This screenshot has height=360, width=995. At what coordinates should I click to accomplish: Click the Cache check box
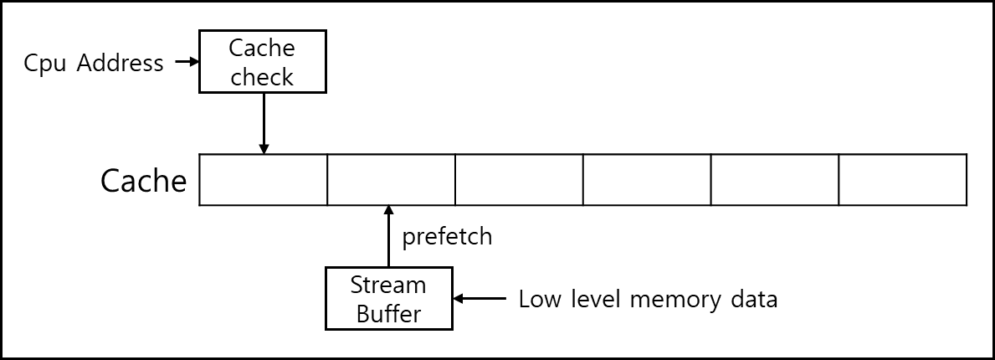pyautogui.click(x=263, y=62)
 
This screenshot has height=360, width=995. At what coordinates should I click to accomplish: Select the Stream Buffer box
pyautogui.click(x=389, y=298)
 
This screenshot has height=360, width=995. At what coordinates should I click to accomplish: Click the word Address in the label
pyautogui.click(x=120, y=63)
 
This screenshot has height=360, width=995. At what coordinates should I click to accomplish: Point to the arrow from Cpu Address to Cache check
pyautogui.click(x=187, y=62)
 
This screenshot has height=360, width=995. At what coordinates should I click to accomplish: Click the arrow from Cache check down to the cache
pyautogui.click(x=264, y=123)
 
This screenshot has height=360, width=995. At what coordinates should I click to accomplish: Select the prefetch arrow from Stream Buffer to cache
pyautogui.click(x=389, y=235)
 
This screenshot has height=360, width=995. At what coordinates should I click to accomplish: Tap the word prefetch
pyautogui.click(x=448, y=237)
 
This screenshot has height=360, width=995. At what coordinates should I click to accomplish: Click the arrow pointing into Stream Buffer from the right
pyautogui.click(x=480, y=298)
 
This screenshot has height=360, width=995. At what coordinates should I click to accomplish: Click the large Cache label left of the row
pyautogui.click(x=144, y=181)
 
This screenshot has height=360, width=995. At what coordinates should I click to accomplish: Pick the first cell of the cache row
pyautogui.click(x=264, y=180)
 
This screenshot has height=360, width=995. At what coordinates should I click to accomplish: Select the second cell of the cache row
pyautogui.click(x=392, y=180)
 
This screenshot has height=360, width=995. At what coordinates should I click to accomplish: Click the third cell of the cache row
pyautogui.click(x=519, y=180)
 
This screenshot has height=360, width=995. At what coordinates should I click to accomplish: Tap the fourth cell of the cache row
pyautogui.click(x=647, y=180)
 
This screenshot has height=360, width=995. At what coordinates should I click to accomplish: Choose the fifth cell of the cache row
pyautogui.click(x=775, y=180)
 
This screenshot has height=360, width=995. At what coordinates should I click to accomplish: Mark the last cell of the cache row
pyautogui.click(x=903, y=180)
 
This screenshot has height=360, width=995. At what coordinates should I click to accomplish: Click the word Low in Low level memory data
pyautogui.click(x=539, y=298)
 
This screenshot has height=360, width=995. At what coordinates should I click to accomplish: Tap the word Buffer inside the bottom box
pyautogui.click(x=389, y=314)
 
